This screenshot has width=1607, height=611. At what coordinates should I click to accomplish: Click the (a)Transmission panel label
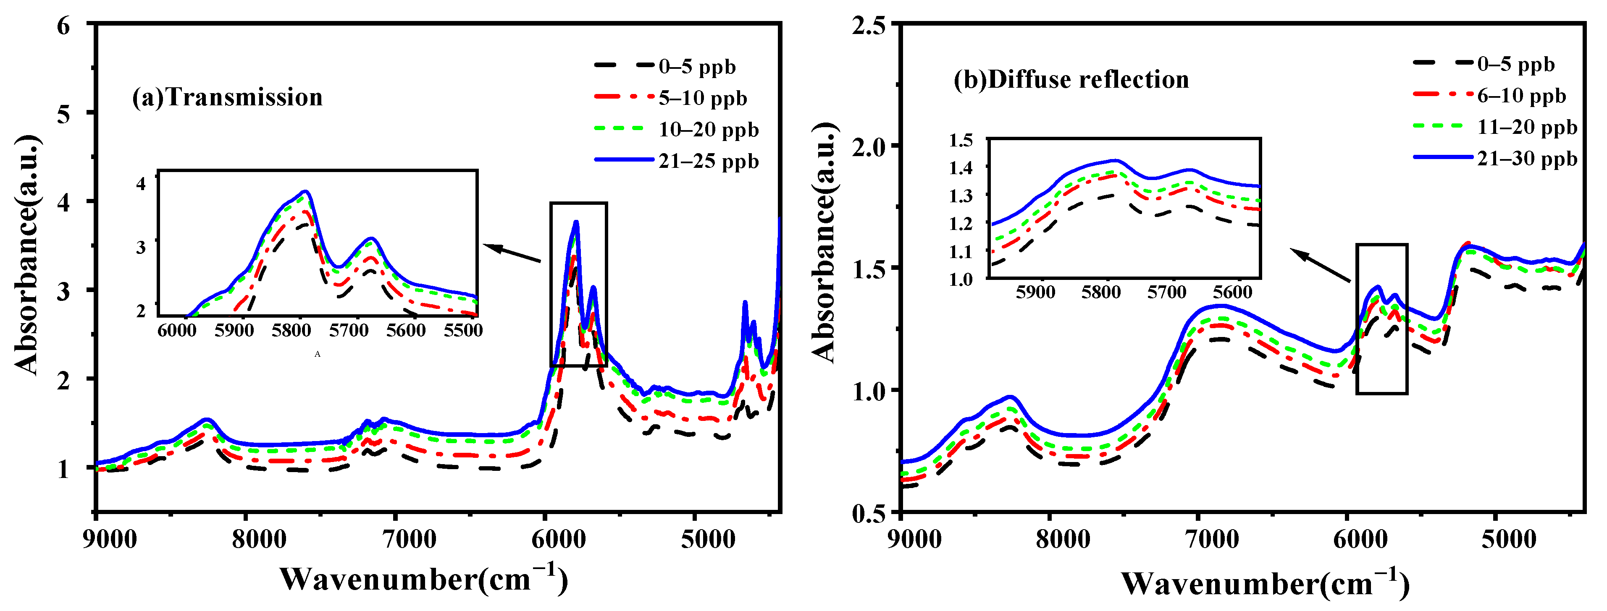pyautogui.click(x=227, y=97)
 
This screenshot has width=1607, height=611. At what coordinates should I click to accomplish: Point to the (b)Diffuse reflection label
pyautogui.click(x=1071, y=80)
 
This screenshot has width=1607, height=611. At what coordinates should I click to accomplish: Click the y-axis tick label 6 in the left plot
pyautogui.click(x=63, y=26)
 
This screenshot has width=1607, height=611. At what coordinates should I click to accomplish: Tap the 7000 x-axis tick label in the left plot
pyautogui.click(x=409, y=539)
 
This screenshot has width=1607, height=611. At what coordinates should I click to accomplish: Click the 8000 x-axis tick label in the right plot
pyautogui.click(x=1063, y=539)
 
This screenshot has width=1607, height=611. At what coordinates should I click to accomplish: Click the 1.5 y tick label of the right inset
pyautogui.click(x=961, y=140)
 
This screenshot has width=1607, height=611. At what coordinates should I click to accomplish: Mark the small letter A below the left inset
pyautogui.click(x=318, y=354)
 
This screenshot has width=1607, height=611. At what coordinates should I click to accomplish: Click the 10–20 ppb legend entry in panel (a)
pyautogui.click(x=708, y=129)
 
